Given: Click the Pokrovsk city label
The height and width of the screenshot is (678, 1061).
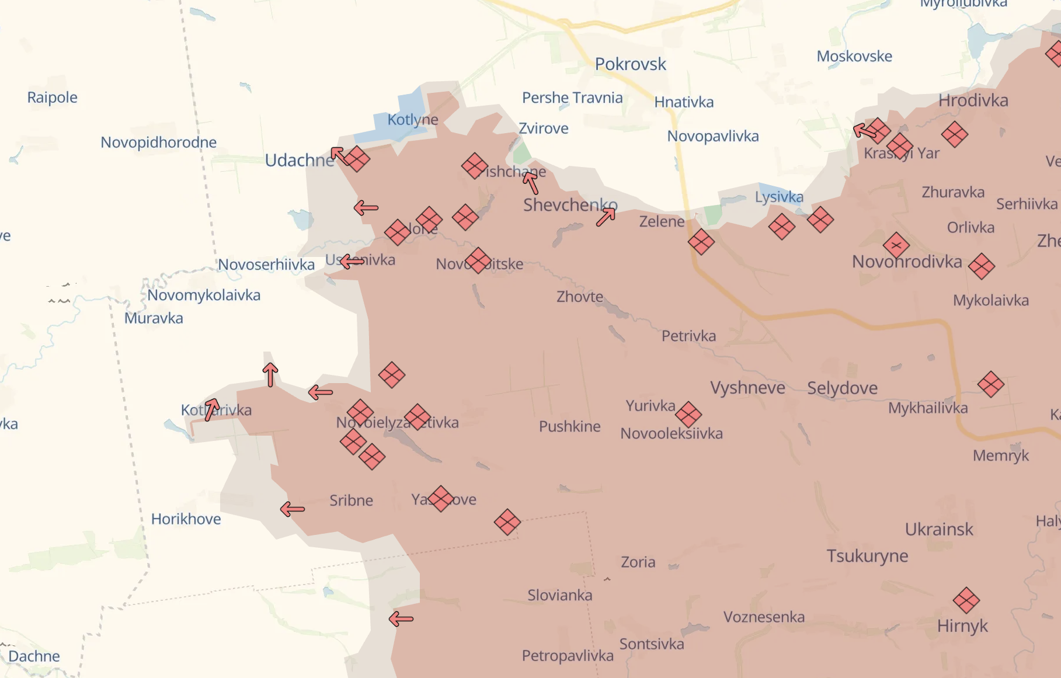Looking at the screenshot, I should pos(630,64).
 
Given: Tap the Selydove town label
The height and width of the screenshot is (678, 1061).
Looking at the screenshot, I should pos(842,388).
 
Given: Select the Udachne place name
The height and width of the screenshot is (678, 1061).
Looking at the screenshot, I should pos(299,160).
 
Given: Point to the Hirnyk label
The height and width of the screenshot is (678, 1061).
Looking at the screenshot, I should pos(962,626).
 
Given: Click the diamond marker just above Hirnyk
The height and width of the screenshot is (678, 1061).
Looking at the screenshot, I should pos(966,600).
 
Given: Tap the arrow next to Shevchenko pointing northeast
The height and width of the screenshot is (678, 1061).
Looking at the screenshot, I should pos(606,217).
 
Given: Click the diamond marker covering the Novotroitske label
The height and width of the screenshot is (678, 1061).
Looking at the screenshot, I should pos(478,260).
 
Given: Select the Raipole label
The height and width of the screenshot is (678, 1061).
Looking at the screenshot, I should pos(52,98).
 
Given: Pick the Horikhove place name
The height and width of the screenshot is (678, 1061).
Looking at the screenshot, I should pos(186,519).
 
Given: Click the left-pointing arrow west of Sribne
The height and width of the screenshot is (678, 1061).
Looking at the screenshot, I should pos(293,509).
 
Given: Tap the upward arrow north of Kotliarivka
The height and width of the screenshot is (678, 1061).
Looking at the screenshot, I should pos(270,375).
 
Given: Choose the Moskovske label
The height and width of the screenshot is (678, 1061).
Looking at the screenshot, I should pos(854,57).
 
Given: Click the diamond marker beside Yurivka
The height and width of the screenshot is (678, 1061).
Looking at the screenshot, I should pos(688,415).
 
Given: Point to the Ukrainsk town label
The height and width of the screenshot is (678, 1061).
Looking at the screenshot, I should pos(938,530).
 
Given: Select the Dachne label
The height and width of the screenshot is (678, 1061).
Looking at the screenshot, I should pos(34,656).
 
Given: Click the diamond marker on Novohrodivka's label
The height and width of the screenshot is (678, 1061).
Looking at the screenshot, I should pos(896,246).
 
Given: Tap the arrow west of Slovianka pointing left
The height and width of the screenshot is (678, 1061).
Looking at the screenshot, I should pos(401,618).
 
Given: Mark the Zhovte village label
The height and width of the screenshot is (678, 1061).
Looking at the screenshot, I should pos(579,297).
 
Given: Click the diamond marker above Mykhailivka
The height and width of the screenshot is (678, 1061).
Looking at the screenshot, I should pos(990,384).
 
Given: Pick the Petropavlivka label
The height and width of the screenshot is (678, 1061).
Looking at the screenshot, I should pos(567,656).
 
